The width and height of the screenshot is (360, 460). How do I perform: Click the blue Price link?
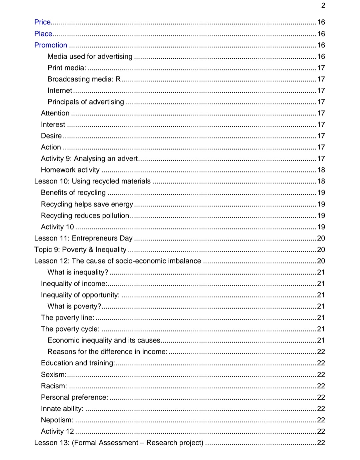42,22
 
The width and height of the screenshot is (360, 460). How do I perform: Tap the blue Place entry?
43,34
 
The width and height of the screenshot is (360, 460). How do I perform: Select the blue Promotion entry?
51,45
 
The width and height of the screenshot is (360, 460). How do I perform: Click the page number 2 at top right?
323,5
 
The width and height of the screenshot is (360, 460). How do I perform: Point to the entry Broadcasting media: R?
84,79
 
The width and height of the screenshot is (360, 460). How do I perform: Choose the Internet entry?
60,90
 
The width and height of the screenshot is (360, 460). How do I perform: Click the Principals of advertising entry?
86,102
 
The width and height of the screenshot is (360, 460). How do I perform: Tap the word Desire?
51,136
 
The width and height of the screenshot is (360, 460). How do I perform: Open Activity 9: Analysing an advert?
89,158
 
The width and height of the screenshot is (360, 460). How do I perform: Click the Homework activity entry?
70,170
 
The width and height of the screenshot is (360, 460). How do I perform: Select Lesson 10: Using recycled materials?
92,181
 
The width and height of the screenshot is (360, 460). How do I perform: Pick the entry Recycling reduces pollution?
85,215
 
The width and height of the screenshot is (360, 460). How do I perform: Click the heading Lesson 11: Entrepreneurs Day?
83,238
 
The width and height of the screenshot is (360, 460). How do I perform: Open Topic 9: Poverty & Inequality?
80,250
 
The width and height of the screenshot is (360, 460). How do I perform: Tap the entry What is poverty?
74,306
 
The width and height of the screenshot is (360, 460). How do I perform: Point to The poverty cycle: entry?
70,329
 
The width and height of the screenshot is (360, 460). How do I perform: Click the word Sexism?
53,375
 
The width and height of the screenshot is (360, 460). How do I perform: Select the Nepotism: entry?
57,420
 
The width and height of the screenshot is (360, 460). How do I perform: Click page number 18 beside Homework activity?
321,170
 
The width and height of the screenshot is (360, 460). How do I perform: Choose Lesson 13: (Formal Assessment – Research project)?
119,443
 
